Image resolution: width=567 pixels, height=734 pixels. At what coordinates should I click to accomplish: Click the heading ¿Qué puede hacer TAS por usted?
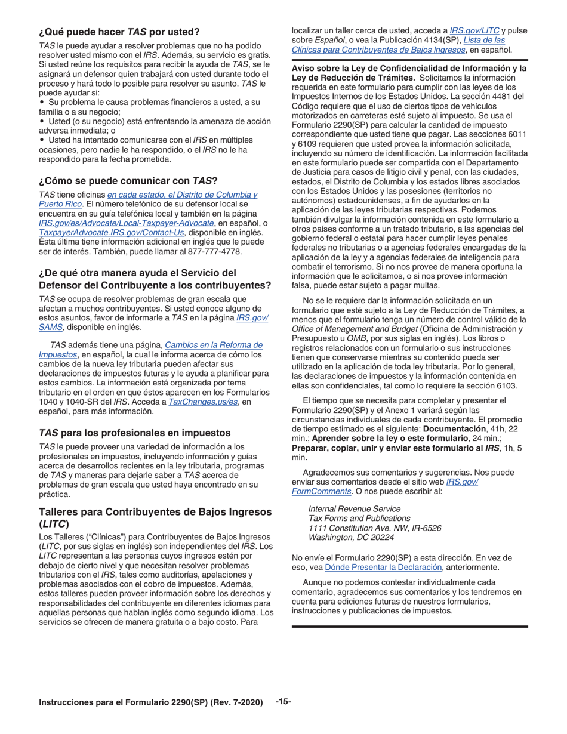(119, 31)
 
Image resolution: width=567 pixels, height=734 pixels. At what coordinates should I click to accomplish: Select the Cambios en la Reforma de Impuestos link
(213, 345)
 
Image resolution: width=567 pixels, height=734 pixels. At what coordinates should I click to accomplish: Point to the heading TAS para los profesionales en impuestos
(134, 433)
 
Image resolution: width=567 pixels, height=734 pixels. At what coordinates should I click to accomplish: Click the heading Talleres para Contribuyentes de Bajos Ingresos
(155, 512)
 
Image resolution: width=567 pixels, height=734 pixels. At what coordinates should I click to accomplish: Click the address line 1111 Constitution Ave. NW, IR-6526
(374, 528)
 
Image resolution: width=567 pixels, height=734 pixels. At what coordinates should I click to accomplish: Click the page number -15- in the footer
(283, 702)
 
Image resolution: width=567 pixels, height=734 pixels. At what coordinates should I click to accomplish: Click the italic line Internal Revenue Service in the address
(354, 509)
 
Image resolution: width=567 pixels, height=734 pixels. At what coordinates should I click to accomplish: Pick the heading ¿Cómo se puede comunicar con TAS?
(128, 180)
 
